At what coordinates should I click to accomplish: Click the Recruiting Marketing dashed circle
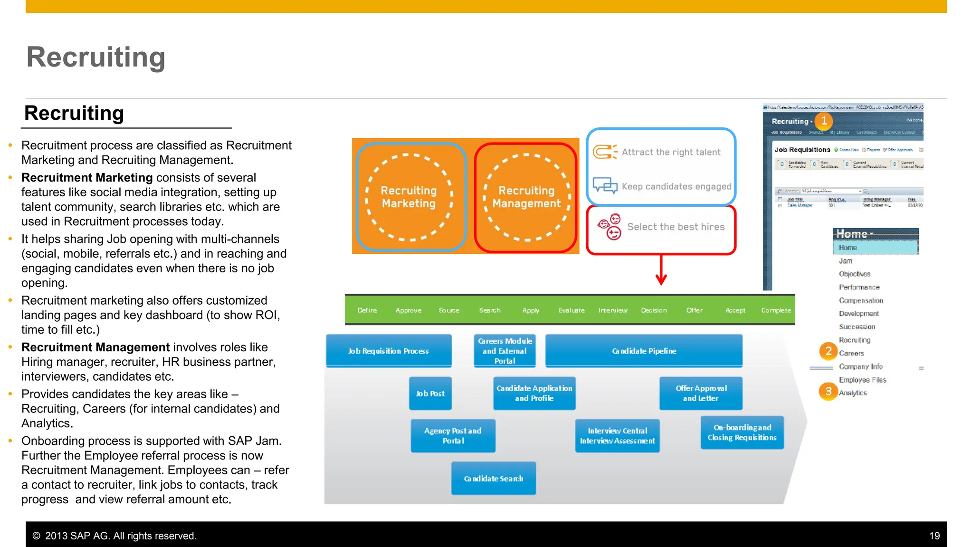(x=409, y=197)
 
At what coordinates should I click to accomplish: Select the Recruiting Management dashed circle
(x=526, y=197)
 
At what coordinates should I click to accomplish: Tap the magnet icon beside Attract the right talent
(x=604, y=152)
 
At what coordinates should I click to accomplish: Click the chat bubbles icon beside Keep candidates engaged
(x=605, y=186)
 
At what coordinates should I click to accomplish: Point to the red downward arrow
(x=661, y=271)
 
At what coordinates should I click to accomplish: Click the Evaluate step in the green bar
(x=572, y=310)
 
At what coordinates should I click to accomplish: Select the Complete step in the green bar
(x=776, y=310)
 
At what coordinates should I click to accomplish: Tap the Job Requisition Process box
(x=389, y=351)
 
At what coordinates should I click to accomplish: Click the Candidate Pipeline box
(x=644, y=351)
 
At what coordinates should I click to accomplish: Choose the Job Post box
(x=430, y=393)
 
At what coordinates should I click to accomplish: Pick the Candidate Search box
(x=493, y=479)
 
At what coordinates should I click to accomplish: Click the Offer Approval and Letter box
(x=701, y=393)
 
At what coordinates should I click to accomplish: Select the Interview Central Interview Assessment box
(x=617, y=436)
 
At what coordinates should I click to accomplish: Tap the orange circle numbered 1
(x=824, y=121)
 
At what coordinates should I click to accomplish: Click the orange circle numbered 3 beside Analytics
(x=828, y=391)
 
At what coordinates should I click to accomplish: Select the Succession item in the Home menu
(x=857, y=327)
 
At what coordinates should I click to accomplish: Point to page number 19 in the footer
(x=934, y=536)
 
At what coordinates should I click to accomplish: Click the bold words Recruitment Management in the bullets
(x=95, y=347)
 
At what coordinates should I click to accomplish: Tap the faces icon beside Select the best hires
(x=609, y=227)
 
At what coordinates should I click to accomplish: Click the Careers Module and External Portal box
(x=505, y=351)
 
